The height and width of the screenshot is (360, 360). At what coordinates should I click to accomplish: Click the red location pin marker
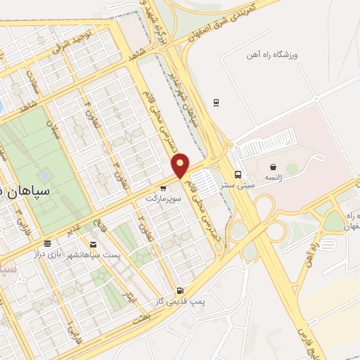tap(181, 165)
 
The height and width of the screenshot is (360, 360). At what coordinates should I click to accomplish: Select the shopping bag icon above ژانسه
tap(273, 167)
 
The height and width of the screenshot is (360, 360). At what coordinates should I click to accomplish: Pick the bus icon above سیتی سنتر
tap(238, 174)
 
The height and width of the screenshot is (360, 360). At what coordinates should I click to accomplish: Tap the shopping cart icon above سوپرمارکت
tap(163, 188)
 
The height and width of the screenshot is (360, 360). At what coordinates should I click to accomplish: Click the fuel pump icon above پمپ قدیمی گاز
tap(181, 290)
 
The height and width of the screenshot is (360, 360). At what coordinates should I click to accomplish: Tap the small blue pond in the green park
tap(46, 174)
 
